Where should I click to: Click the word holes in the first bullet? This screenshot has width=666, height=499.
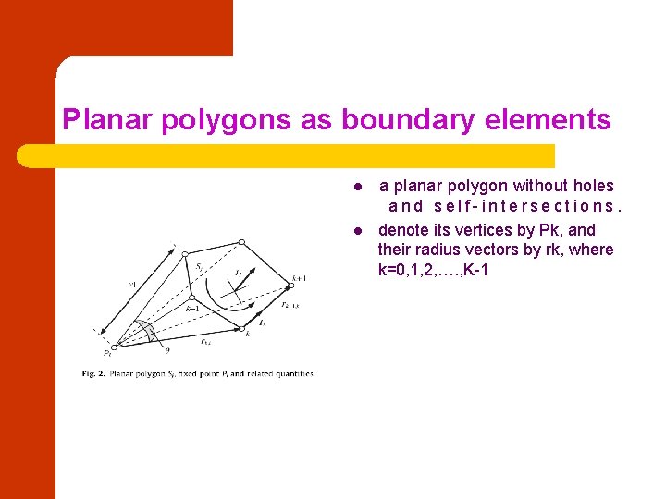[x=593, y=186]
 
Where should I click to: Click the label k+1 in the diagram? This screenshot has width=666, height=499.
[x=299, y=277]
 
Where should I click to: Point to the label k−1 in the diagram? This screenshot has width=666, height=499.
[x=192, y=308]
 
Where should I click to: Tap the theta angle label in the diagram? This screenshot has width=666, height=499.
[x=166, y=350]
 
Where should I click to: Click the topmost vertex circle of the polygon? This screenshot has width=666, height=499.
[x=241, y=243]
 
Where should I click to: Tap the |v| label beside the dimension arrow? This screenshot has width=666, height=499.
[x=131, y=286]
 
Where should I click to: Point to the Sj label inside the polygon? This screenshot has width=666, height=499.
[x=200, y=267]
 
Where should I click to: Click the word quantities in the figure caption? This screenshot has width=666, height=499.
[x=293, y=374]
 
